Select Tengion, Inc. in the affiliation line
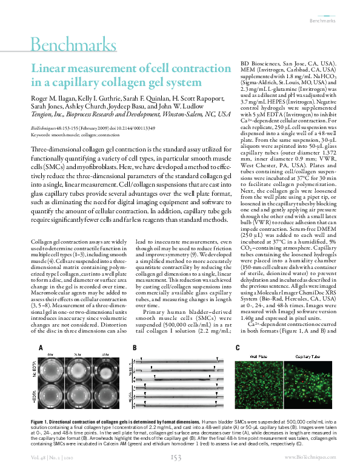point(47,113)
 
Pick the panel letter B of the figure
point(134,348)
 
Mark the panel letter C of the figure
point(238,348)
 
